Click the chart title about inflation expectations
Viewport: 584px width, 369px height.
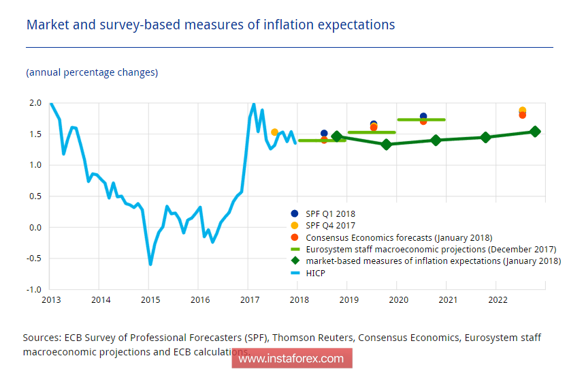tap(210, 25)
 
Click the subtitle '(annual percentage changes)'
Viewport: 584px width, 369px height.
tap(92, 72)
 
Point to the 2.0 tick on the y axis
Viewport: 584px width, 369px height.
tap(35, 103)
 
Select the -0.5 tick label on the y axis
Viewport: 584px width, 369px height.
tap(33, 259)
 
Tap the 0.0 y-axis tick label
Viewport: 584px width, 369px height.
tap(35, 227)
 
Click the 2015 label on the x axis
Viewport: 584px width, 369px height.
tap(150, 299)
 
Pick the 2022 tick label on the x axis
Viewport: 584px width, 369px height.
tap(498, 299)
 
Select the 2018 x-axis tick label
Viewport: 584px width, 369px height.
tap(299, 299)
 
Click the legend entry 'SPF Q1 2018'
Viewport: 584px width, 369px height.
tap(331, 213)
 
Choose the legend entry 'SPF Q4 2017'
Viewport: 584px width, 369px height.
tap(331, 225)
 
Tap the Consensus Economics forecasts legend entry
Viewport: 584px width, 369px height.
tap(399, 237)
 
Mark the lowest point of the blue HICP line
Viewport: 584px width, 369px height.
tap(150, 264)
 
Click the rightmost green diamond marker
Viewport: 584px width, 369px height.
tap(535, 132)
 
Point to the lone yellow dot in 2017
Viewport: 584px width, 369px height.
tap(274, 132)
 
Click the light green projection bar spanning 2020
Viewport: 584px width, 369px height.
tap(421, 120)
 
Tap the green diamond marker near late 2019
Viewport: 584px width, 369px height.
tap(386, 144)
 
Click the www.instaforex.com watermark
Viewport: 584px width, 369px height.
tap(291, 358)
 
